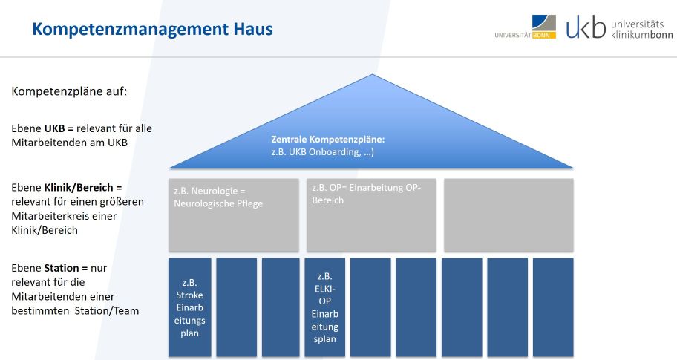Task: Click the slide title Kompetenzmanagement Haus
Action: pos(152,29)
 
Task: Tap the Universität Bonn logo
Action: pos(526,27)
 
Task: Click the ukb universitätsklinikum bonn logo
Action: pos(619,27)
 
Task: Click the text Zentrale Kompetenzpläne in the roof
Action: pos(327,139)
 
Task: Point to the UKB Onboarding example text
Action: pos(322,152)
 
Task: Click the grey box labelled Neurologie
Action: pos(234,215)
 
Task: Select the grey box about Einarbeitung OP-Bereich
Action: pos(371,215)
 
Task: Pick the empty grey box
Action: pos(508,215)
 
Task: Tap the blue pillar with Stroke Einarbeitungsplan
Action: pos(189,307)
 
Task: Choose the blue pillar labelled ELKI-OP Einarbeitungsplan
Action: pos(324,307)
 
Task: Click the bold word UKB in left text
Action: pos(55,128)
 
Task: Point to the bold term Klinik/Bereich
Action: pos(79,187)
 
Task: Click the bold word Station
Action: pos(62,268)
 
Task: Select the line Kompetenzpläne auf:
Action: pos(69,91)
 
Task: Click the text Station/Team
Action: pos(107,311)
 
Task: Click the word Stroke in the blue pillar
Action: pos(189,295)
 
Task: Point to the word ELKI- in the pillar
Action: pos(324,289)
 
